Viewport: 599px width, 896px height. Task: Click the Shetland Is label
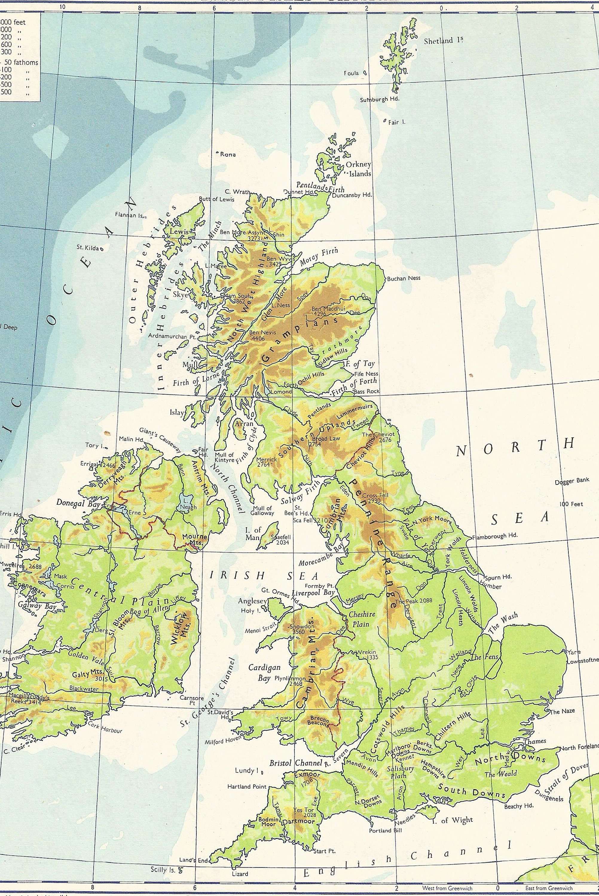(443, 41)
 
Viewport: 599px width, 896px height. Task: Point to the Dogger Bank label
(572, 481)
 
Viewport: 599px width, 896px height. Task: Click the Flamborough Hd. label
(495, 536)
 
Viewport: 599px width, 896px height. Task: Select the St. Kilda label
(88, 247)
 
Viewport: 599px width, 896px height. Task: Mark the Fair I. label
(397, 122)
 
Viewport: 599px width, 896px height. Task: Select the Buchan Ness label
(404, 278)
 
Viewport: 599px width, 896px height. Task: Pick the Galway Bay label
(37, 605)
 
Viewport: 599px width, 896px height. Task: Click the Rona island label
(228, 154)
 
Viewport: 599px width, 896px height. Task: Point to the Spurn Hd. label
(498, 577)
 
